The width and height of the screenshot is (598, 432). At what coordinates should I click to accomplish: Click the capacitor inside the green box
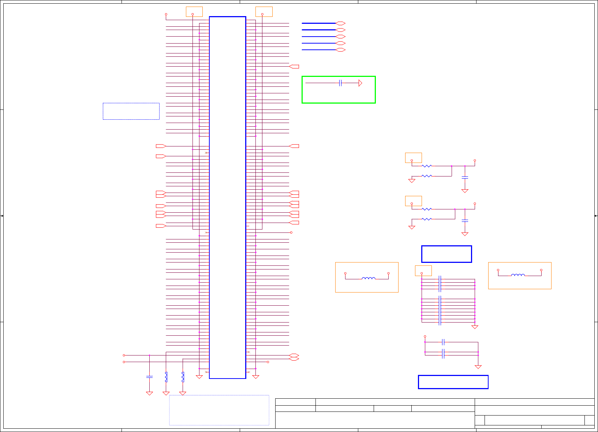click(x=340, y=83)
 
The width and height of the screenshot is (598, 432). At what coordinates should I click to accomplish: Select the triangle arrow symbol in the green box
click(x=360, y=83)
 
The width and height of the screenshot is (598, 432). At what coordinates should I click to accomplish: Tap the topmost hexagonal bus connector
click(x=340, y=23)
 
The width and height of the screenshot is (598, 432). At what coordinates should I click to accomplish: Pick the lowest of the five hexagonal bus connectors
click(x=340, y=50)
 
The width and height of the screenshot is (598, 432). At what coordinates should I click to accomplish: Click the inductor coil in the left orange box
click(x=368, y=279)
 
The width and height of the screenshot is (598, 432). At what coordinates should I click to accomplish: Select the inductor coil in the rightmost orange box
click(x=518, y=275)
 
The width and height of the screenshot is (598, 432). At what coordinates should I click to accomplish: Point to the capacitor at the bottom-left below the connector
click(x=149, y=376)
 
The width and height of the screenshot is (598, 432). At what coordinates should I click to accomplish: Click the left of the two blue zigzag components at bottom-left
click(x=166, y=377)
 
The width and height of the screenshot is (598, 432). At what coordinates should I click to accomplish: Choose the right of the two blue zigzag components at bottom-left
click(x=183, y=377)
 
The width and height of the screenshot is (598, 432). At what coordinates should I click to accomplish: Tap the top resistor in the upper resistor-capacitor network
click(x=427, y=166)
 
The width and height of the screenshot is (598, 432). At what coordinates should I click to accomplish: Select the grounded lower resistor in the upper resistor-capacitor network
click(x=427, y=176)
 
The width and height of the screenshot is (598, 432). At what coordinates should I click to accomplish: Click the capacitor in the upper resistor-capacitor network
click(x=465, y=178)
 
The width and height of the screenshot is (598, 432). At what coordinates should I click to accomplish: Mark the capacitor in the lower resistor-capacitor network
click(x=465, y=221)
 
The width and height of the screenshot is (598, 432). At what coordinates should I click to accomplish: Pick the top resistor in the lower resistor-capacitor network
click(x=427, y=209)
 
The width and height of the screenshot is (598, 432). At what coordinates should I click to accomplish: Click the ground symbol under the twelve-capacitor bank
click(x=475, y=327)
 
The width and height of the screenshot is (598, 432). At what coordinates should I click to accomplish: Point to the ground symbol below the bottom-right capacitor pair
click(x=478, y=366)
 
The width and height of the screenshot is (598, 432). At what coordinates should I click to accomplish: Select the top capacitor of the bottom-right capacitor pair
click(x=443, y=342)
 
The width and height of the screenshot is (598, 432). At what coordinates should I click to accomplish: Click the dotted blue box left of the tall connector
click(x=131, y=111)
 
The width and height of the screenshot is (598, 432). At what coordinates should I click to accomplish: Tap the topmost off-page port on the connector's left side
click(x=161, y=146)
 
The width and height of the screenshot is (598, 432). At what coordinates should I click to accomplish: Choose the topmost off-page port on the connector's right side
click(x=294, y=67)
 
